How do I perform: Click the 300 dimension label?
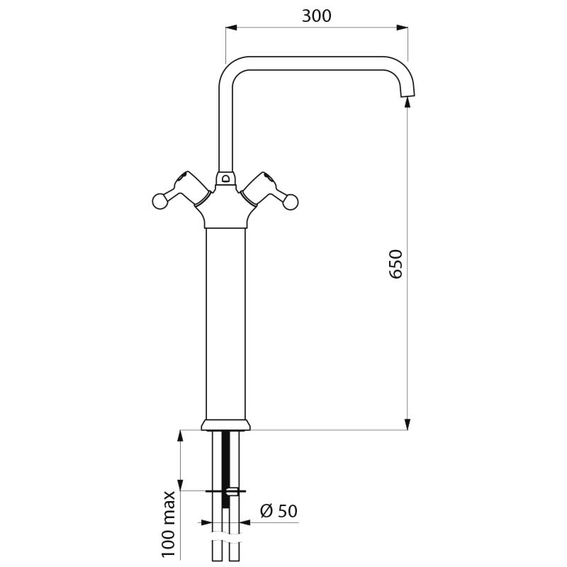316,16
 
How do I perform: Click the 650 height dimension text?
395,263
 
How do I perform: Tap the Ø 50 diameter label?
278,510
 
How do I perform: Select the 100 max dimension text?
169,525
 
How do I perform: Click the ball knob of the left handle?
160,202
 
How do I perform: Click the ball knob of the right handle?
291,203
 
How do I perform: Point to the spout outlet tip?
408,94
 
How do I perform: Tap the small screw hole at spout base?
225,179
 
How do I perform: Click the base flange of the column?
225,425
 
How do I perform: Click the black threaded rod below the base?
225,461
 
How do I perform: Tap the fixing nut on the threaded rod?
231,490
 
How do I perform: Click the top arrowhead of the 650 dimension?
408,102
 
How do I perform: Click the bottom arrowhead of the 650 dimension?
408,425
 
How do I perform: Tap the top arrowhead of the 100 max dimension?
180,434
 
